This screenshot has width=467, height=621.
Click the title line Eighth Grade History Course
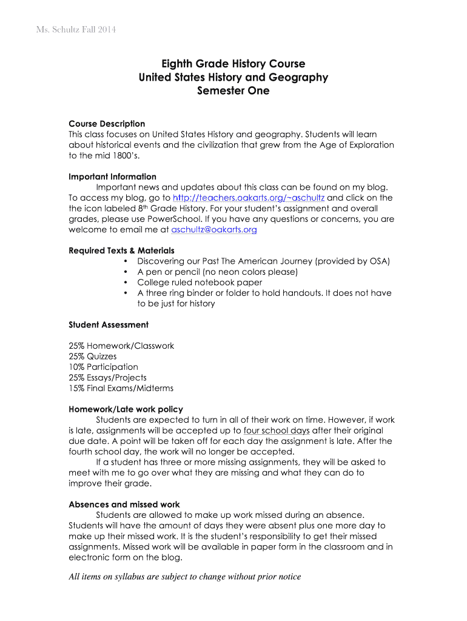[x=233, y=64]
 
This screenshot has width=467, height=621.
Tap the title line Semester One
[x=233, y=91]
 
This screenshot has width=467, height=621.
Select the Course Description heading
[x=107, y=124]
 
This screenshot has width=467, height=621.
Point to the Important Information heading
[x=112, y=177]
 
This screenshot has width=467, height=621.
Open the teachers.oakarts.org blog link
[x=249, y=198]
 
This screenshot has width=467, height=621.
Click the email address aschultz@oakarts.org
[x=214, y=230]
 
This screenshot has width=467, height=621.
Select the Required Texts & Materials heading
[x=121, y=250]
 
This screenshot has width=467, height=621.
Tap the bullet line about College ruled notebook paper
[x=200, y=282]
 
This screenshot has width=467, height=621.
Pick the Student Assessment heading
[x=109, y=325]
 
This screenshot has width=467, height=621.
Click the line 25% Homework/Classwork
[x=121, y=346]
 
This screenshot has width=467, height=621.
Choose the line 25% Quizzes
[x=93, y=357]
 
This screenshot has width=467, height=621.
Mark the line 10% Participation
[x=104, y=367]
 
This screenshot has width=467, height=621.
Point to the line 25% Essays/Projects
[x=108, y=378]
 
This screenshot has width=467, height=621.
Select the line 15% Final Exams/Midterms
[x=121, y=388]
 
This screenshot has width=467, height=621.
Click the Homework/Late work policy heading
[x=126, y=409]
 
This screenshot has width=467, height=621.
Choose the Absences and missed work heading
[x=124, y=505]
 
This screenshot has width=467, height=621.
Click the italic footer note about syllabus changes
[x=185, y=577]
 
